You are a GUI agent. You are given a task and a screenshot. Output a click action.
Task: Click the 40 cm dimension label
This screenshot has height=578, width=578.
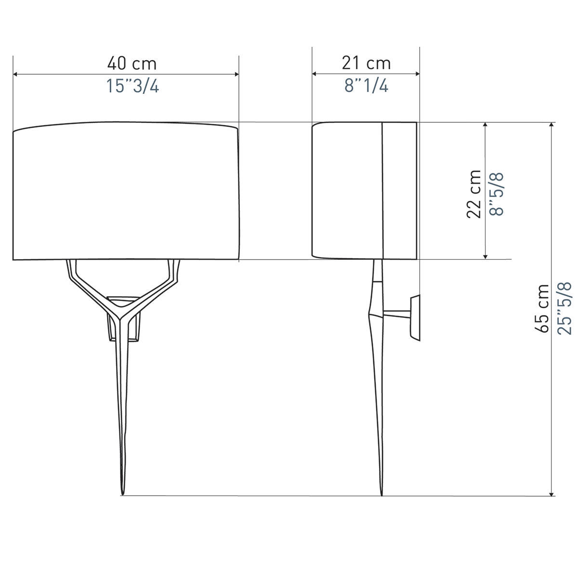pyautogui.click(x=132, y=64)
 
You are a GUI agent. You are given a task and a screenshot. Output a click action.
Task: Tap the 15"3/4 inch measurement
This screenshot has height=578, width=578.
pyautogui.click(x=132, y=86)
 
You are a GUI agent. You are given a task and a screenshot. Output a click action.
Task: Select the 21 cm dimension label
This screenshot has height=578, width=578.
pyautogui.click(x=366, y=63)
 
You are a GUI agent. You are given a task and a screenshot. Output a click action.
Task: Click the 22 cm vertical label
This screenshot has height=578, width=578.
pyautogui.click(x=473, y=194)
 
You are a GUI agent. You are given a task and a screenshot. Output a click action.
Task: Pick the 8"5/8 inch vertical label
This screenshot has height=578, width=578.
pyautogui.click(x=497, y=195)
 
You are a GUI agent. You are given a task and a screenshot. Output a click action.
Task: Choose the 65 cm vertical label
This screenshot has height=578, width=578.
pyautogui.click(x=542, y=309)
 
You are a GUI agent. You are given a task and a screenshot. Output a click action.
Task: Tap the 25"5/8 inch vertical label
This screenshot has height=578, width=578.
pyautogui.click(x=564, y=308)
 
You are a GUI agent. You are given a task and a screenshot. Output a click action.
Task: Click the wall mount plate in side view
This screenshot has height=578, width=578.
pyautogui.click(x=415, y=317)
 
